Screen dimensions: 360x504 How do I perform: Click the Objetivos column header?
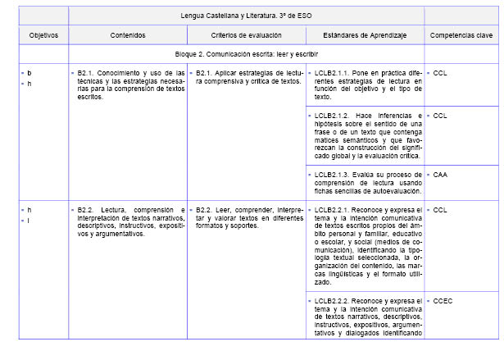38,36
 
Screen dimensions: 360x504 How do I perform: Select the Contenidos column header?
128,36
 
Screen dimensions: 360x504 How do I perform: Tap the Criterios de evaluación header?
246,36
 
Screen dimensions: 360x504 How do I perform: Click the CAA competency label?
440,175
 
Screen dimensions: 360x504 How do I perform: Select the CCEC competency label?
443,301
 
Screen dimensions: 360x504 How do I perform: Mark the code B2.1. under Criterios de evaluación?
204,73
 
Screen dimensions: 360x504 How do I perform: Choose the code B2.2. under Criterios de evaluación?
204,210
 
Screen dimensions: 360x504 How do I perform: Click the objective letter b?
30,73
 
